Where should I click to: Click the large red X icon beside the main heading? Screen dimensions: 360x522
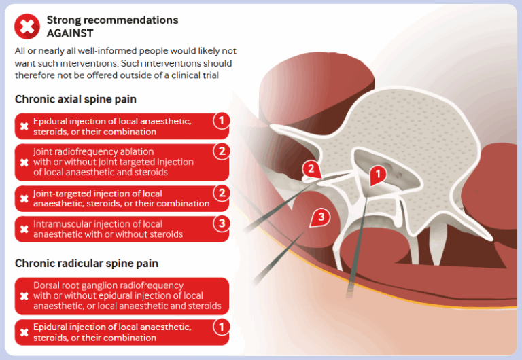[27, 26]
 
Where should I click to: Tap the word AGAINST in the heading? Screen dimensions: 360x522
[70, 33]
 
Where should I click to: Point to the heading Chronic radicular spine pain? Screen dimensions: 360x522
[86, 263]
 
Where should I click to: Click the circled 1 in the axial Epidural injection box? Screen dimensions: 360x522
[221, 121]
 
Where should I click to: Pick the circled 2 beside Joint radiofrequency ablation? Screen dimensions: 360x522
[221, 151]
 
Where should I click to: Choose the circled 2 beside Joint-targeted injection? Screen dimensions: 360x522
[221, 193]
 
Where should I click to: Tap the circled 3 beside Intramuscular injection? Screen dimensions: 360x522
[221, 223]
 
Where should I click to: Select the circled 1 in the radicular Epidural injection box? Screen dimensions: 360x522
[221, 327]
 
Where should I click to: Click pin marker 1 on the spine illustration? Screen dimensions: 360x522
[378, 175]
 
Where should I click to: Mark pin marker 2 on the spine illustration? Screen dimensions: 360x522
[311, 169]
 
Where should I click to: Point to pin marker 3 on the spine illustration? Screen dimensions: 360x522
[320, 217]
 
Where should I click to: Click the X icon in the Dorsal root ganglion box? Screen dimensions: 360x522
[24, 296]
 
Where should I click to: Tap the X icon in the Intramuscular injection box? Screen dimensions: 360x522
[24, 229]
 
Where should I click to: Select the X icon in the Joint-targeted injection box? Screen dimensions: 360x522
[24, 198]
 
